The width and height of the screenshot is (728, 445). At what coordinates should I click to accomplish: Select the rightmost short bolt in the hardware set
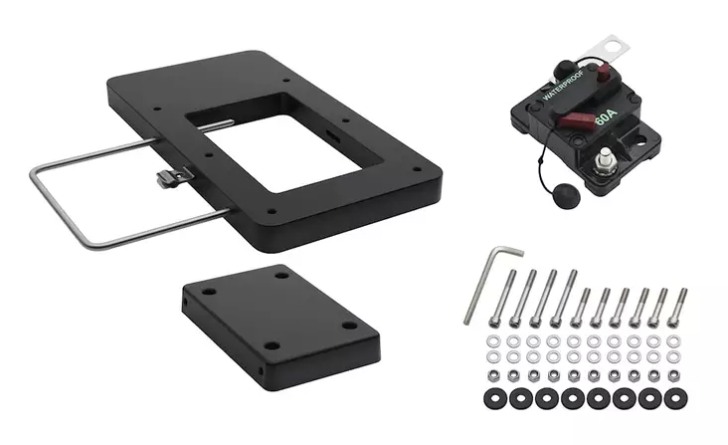[681, 308]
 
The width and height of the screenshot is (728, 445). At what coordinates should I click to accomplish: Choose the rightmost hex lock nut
[675, 375]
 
